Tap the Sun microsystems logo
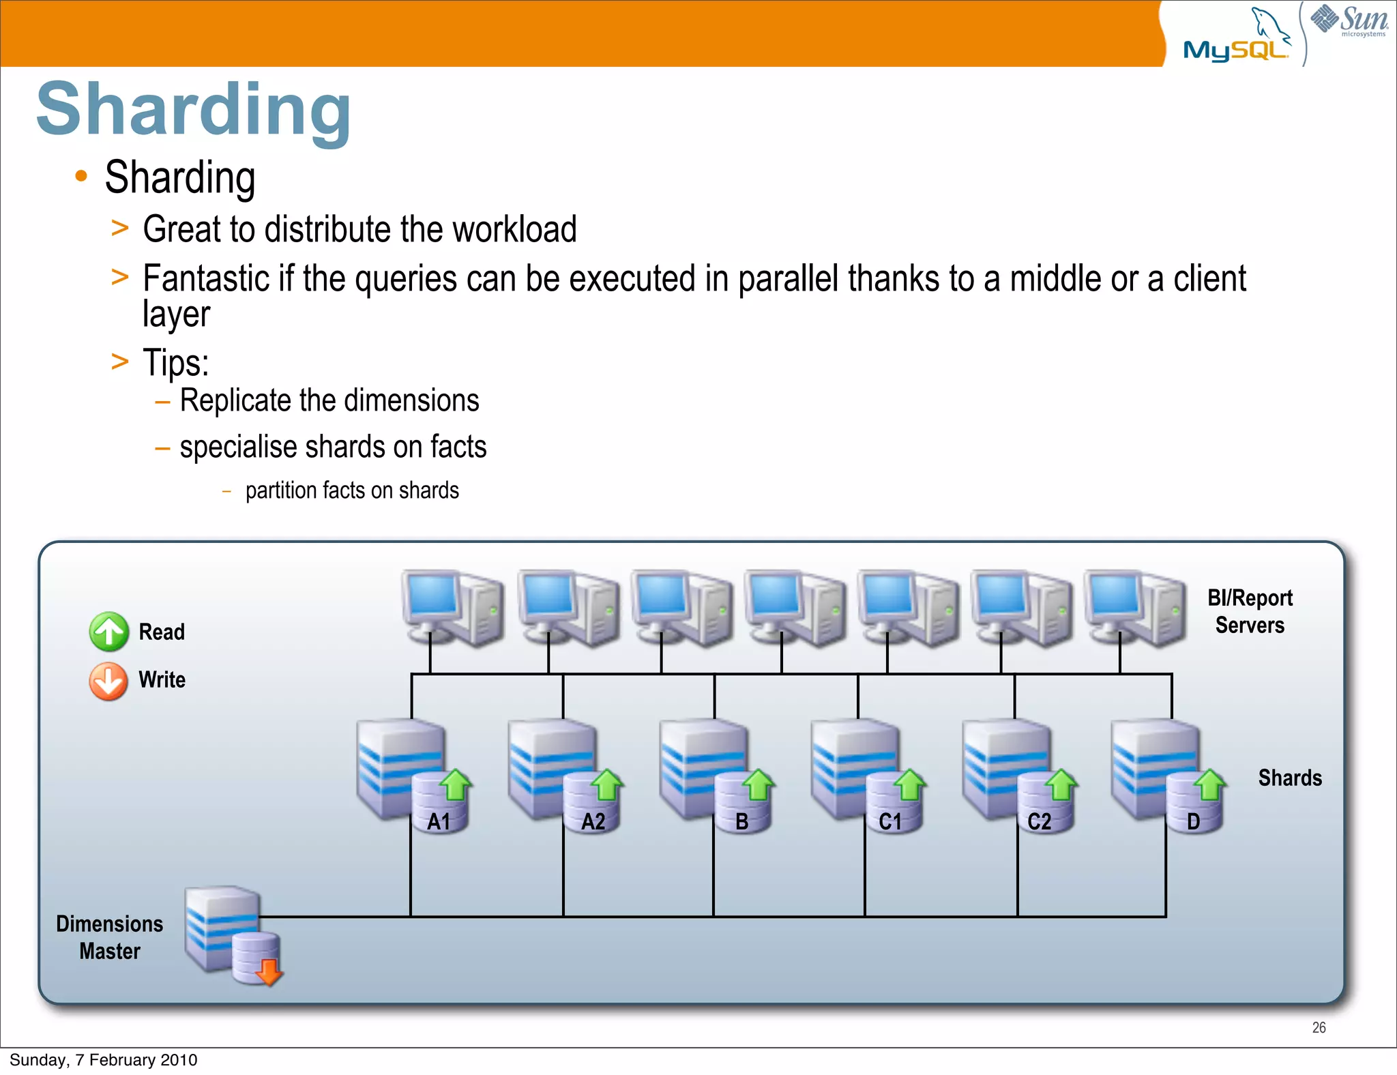[1349, 20]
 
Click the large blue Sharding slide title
[194, 109]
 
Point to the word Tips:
[175, 362]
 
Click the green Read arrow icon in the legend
[108, 632]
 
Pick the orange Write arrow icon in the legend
[108, 681]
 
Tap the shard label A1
[439, 821]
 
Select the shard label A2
[593, 821]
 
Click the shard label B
[742, 821]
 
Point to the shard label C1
[890, 821]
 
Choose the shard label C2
[1039, 821]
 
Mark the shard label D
[1193, 821]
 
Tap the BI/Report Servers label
[1250, 611]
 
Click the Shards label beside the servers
[1290, 778]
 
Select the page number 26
[1319, 1027]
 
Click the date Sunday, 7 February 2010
[104, 1060]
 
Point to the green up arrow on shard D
[1210, 784]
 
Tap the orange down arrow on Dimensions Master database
[269, 971]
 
